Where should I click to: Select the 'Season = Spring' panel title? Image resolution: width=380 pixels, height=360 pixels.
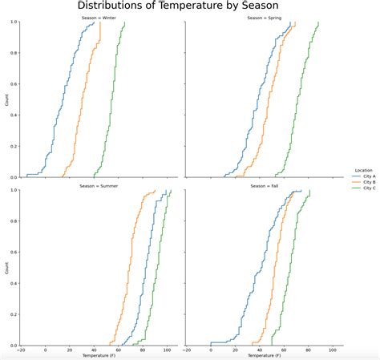click(265, 17)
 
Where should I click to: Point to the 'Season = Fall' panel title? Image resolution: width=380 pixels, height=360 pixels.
click(265, 185)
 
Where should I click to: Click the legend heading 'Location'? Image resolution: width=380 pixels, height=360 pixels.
click(363, 170)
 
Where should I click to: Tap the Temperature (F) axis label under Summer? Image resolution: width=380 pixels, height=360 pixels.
click(98, 355)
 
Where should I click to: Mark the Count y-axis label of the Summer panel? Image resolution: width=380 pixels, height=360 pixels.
click(7, 268)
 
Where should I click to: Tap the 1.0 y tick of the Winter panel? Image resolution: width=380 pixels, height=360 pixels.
click(14, 22)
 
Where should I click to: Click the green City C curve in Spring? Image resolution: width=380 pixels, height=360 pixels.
click(297, 104)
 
